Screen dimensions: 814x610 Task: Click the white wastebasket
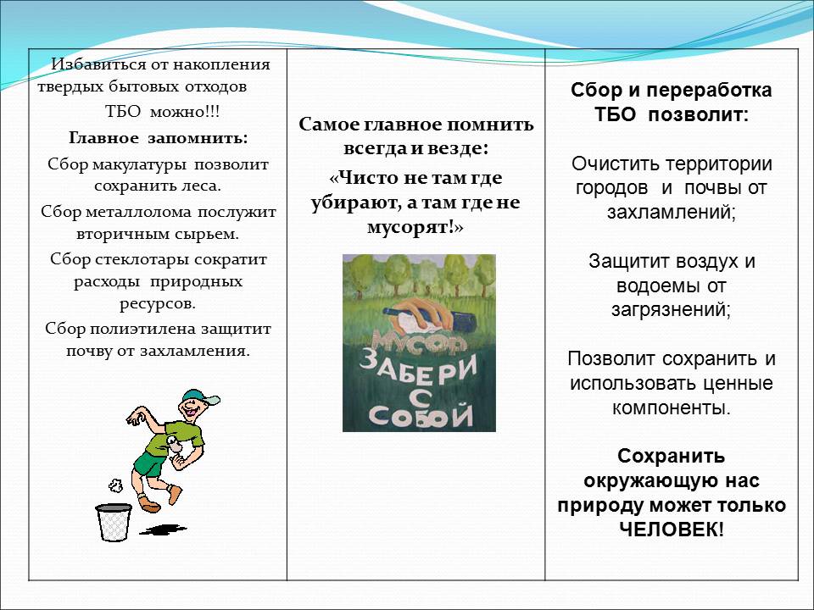coord(114,523)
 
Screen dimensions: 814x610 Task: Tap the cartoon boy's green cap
coord(200,396)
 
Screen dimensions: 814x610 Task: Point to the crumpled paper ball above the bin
coord(115,485)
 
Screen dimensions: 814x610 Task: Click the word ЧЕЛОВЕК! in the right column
coord(672,530)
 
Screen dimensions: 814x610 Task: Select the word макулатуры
coord(139,165)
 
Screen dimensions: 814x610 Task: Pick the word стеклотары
coord(138,259)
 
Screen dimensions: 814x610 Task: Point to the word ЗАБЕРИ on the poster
coord(418,374)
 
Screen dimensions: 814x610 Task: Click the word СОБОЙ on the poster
coord(421,415)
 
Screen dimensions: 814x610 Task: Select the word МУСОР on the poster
coord(419,342)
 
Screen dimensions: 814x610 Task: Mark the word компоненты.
coord(672,408)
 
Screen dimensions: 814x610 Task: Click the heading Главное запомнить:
coord(159,138)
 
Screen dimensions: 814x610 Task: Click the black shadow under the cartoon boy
coord(163,530)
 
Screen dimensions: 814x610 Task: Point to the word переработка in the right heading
coord(709,91)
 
